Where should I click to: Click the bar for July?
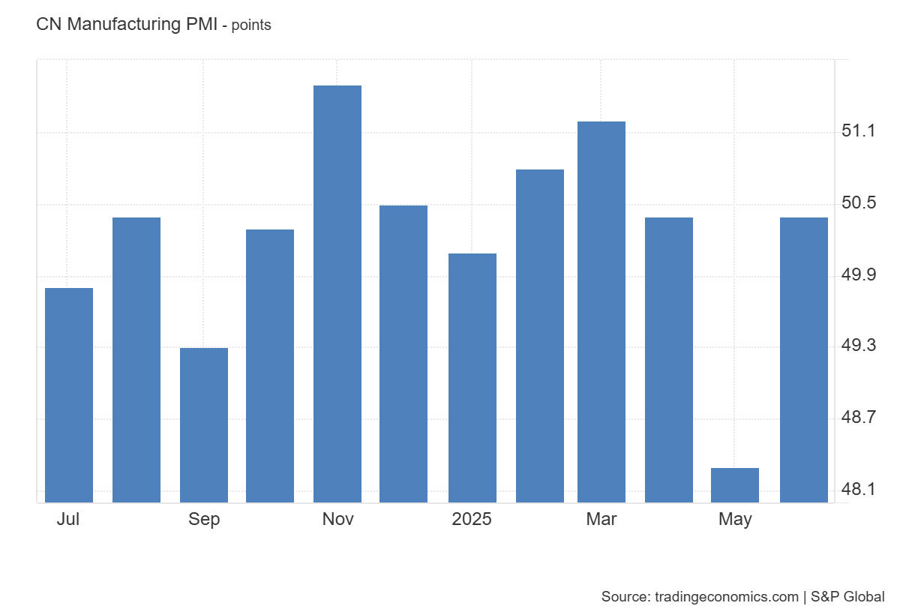click(69, 394)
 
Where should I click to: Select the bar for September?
click(204, 424)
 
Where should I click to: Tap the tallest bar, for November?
click(337, 293)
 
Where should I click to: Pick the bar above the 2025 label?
click(472, 377)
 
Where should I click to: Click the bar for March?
click(601, 311)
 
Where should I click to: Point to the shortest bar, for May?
click(735, 484)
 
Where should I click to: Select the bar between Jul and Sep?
click(136, 359)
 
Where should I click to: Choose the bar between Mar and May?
click(669, 359)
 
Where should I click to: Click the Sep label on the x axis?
click(204, 519)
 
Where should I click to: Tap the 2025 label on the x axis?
click(472, 519)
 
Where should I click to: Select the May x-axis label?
click(735, 519)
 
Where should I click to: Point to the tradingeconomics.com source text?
click(727, 597)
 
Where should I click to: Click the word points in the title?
click(251, 25)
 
